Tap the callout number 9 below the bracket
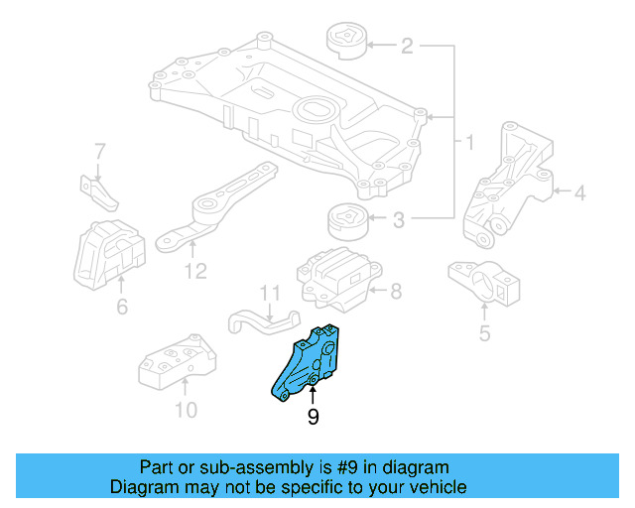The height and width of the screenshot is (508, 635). tap(313, 418)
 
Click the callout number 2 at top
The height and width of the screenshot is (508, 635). tap(408, 46)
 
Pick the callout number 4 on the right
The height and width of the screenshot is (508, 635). tap(579, 194)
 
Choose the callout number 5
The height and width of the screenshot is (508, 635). tap(484, 332)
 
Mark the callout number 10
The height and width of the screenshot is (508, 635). tap(187, 409)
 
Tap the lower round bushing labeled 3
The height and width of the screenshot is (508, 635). tap(346, 217)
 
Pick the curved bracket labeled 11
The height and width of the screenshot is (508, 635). tap(263, 322)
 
